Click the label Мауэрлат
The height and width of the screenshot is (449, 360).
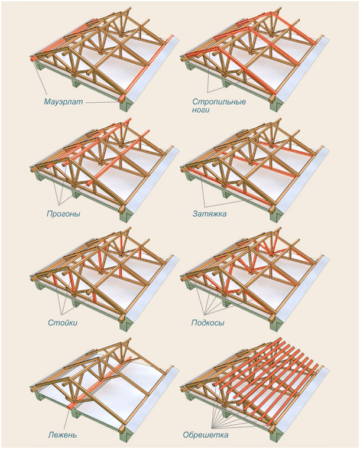63,102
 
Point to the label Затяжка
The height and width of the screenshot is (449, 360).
207,213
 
